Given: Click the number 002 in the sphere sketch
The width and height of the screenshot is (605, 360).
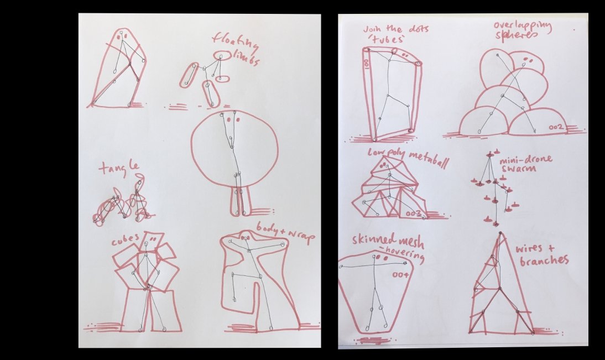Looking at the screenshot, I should pos(555,128).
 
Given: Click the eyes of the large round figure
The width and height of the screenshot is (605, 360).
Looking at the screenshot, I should pos(232,119).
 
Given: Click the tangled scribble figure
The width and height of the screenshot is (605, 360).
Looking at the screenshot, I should pos(122,206).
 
